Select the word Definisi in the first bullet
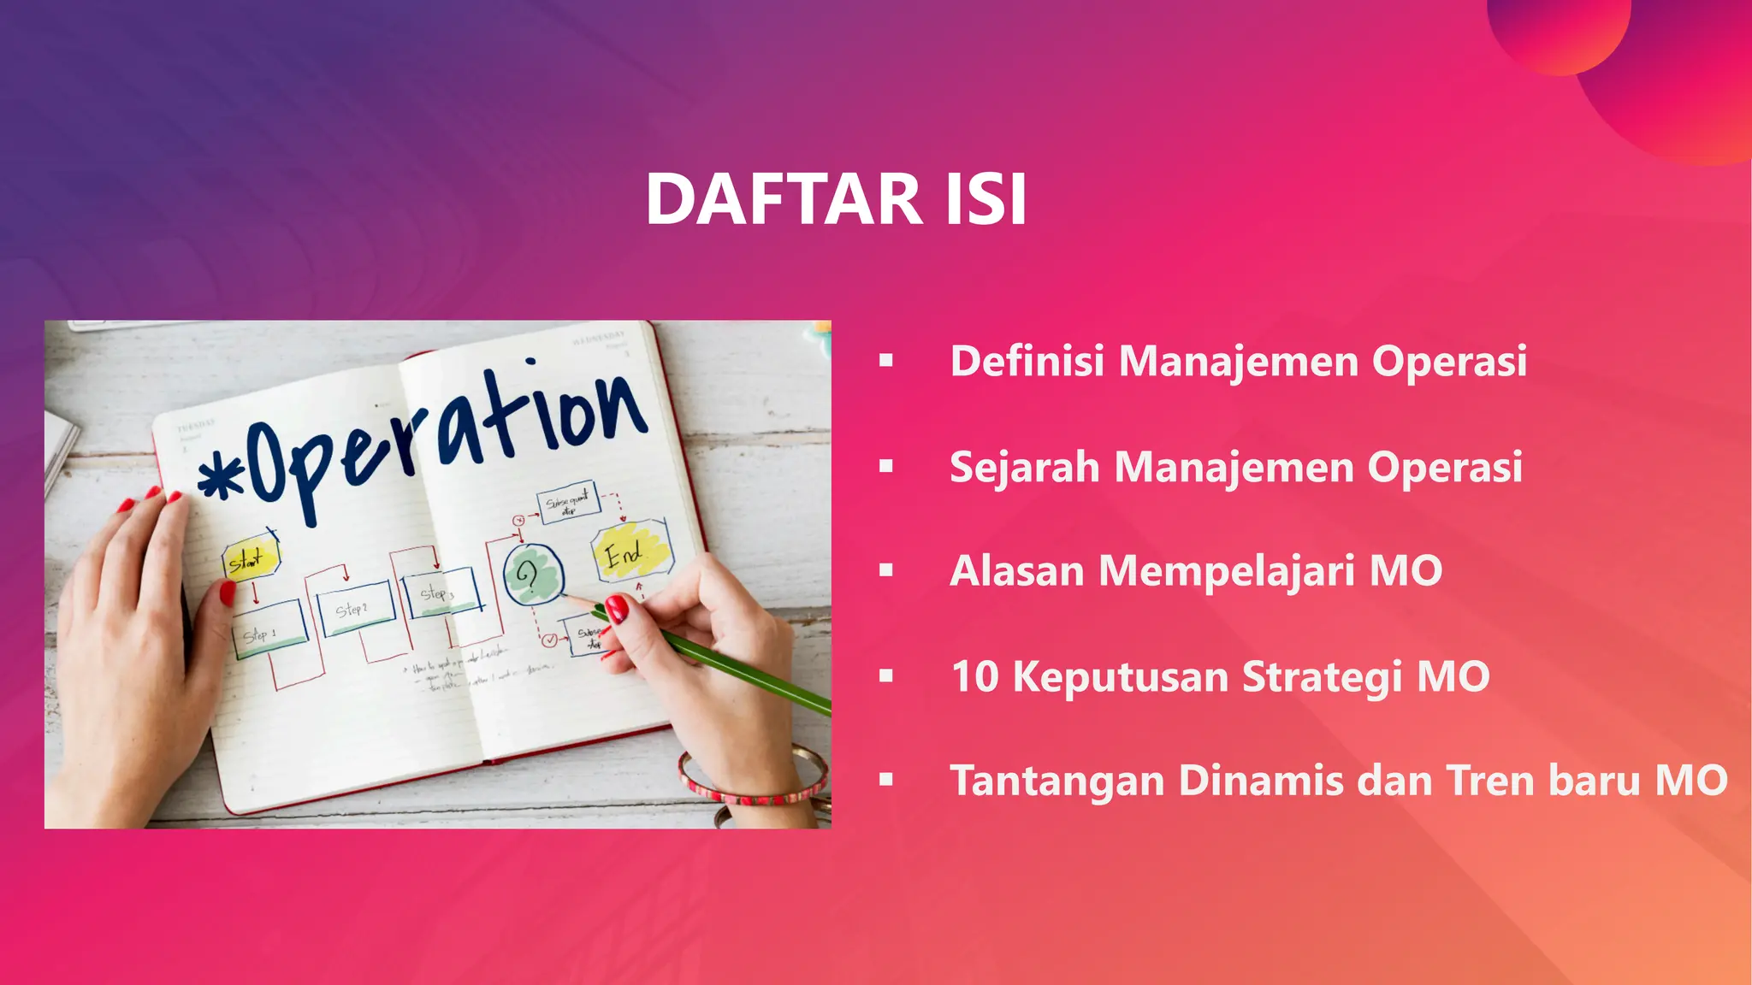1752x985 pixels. click(x=1027, y=360)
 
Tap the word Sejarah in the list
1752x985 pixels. click(x=1024, y=468)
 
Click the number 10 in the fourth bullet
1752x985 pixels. click(x=974, y=676)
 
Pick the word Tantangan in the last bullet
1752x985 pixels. click(x=1057, y=781)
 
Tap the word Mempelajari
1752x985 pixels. click(x=1226, y=572)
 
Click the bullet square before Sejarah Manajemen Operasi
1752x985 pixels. click(x=886, y=467)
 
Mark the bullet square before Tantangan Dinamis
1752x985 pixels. click(x=886, y=780)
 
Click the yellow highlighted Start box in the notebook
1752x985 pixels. click(x=249, y=560)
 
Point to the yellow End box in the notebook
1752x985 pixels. click(x=630, y=551)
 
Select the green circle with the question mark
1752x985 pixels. click(x=532, y=575)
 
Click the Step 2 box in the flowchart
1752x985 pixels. click(x=353, y=608)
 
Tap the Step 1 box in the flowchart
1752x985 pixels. click(x=268, y=630)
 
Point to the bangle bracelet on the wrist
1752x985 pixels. click(x=753, y=780)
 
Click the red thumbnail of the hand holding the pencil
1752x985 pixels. click(x=618, y=610)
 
